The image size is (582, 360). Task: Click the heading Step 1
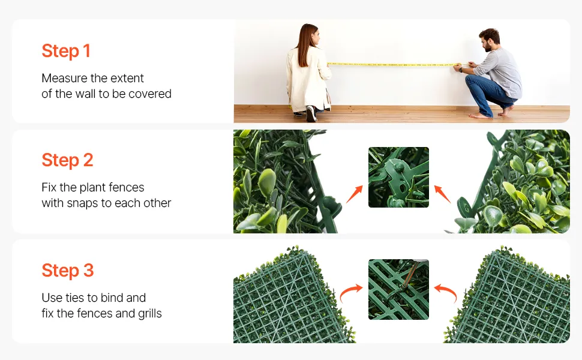click(65, 51)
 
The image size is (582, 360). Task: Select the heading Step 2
click(67, 160)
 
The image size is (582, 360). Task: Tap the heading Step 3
click(68, 270)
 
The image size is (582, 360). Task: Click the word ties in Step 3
click(74, 298)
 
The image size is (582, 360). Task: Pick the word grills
click(150, 314)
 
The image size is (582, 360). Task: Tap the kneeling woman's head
click(310, 35)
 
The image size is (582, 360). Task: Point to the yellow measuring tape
click(394, 65)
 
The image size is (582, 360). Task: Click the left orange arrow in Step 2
click(354, 194)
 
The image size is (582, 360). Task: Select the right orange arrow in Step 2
click(442, 194)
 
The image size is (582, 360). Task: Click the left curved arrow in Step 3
click(350, 292)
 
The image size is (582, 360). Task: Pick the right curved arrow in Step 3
click(446, 292)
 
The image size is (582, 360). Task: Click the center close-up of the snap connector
click(398, 177)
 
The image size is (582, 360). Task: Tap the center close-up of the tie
click(398, 289)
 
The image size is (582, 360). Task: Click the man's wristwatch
click(461, 70)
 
